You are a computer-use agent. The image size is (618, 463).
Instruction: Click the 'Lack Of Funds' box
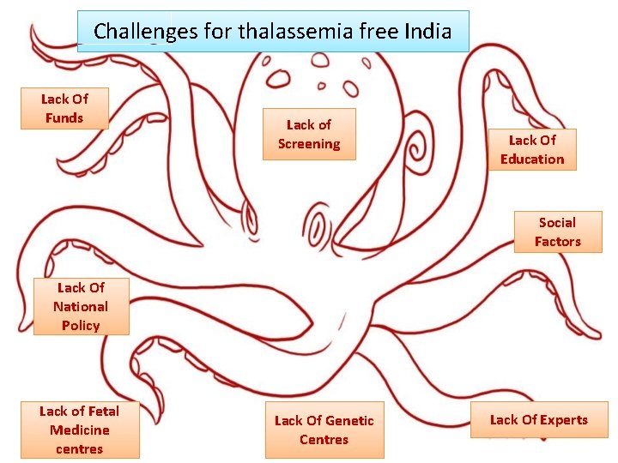(64, 108)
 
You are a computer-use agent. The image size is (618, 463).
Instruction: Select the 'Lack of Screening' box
(308, 135)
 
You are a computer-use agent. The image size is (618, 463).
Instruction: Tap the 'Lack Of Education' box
(532, 149)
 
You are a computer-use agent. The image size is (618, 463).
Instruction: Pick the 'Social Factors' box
(557, 231)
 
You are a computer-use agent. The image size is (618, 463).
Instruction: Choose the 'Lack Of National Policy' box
(81, 306)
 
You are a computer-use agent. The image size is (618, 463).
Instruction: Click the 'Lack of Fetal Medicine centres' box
(80, 430)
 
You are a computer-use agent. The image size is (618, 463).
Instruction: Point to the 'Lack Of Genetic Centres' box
(324, 430)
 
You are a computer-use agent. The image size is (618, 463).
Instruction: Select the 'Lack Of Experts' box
(538, 419)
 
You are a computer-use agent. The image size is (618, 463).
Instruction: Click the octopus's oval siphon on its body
(318, 228)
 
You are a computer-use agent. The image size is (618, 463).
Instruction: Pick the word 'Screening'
(309, 144)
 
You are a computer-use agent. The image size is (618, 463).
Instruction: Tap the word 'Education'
(532, 159)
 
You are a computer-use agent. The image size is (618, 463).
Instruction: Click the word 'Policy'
(81, 325)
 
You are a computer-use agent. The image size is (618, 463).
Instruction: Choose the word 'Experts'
(564, 419)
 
